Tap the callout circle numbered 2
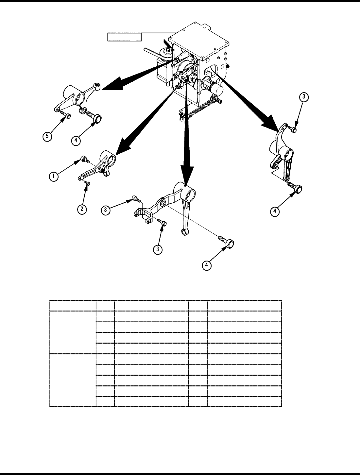point(82,209)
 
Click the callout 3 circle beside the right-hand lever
point(304,97)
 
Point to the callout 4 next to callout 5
point(76,141)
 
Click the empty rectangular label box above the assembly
point(125,37)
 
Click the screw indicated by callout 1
point(84,160)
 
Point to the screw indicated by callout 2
point(87,183)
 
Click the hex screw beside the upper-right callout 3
point(293,130)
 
